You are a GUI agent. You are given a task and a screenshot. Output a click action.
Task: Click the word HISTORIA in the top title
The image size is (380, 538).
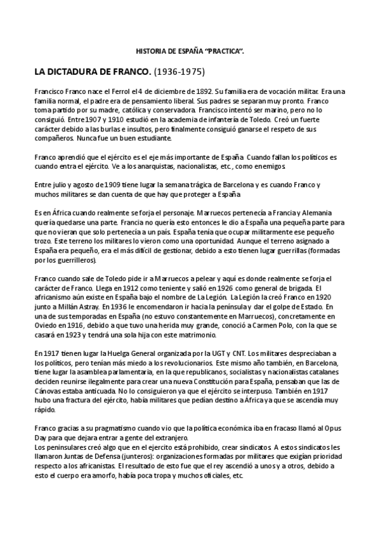pyautogui.click(x=150, y=50)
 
